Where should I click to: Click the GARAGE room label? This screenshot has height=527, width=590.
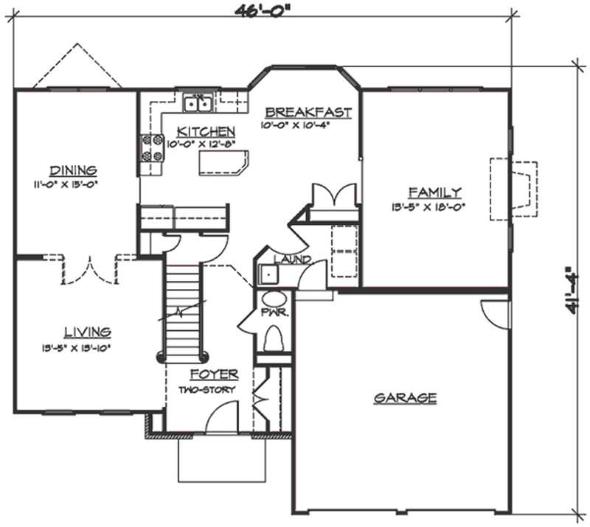(405, 398)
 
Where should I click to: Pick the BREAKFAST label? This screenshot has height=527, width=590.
(308, 113)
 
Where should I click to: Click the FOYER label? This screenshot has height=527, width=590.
(214, 374)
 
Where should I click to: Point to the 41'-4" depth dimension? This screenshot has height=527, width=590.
(572, 291)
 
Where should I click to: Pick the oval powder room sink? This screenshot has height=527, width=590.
(274, 301)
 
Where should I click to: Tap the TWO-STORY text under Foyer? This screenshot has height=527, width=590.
(208, 389)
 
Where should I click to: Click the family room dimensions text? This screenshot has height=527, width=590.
(437, 208)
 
